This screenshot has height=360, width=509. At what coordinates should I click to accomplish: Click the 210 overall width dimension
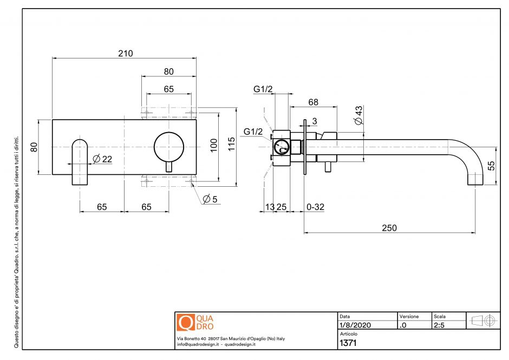pos(125,53)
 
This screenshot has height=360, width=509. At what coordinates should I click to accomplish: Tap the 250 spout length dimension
pos(389,228)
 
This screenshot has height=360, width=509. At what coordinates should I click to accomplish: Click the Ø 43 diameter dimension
pos(358,116)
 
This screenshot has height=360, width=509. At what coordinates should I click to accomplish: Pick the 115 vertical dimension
pos(232,144)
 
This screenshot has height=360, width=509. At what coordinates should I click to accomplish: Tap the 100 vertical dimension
pos(214,144)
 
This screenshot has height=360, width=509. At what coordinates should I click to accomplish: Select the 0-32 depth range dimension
pos(315,206)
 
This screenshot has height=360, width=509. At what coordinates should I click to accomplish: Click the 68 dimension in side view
pos(313,102)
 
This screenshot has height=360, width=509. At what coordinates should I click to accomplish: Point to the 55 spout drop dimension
pos(492,165)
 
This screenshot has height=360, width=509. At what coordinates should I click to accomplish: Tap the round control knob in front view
pos(169,146)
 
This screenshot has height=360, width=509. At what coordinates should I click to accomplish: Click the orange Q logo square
pos(186,322)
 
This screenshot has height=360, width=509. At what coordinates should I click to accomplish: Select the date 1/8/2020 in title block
pos(355,325)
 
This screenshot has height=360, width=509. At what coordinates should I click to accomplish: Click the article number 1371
pos(348,343)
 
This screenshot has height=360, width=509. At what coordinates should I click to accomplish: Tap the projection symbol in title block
pos(483,320)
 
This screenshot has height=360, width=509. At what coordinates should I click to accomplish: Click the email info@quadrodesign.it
pos(197,344)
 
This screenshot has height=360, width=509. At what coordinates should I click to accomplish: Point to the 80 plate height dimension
pos(34,147)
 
